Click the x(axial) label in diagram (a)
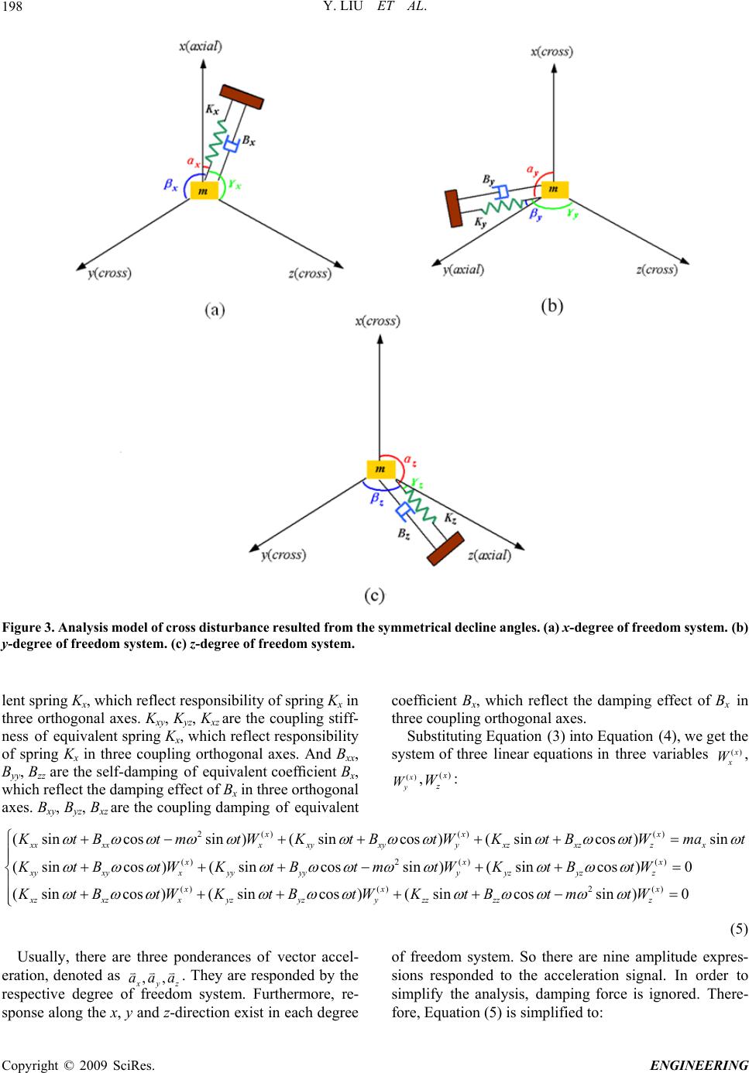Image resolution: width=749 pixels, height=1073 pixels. [x=201, y=46]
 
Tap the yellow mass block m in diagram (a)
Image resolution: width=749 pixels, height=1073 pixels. [x=203, y=190]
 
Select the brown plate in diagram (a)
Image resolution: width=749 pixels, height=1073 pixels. [x=242, y=97]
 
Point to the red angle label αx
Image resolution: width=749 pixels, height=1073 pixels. [x=195, y=162]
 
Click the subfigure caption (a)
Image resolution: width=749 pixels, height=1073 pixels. [x=216, y=310]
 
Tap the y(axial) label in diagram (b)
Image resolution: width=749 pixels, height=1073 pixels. [x=464, y=269]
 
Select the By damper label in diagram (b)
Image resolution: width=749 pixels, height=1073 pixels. [x=490, y=179]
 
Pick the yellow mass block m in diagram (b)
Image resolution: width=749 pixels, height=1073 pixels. [x=553, y=190]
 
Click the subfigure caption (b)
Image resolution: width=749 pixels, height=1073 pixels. [x=551, y=307]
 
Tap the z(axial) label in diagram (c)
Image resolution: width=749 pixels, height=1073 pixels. [x=490, y=554]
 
